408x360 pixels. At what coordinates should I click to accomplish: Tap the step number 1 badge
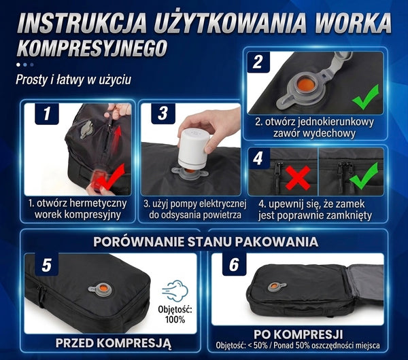click(x=46, y=113)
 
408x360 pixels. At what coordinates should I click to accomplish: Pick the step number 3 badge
click(x=163, y=113)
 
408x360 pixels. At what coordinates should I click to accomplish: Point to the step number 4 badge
click(x=258, y=158)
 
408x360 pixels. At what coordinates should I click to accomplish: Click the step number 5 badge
click(x=47, y=266)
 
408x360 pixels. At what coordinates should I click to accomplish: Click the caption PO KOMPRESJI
click(x=298, y=335)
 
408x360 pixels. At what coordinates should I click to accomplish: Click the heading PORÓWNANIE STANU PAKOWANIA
click(x=204, y=241)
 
